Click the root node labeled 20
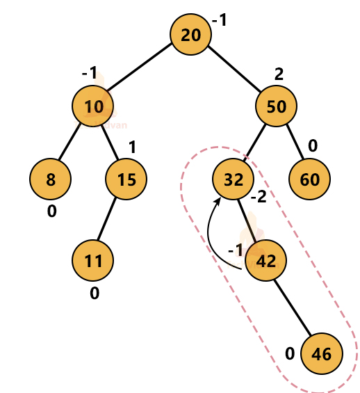click(190, 35)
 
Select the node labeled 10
click(92, 106)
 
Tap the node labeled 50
click(277, 106)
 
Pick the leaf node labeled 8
click(50, 179)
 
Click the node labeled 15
click(126, 179)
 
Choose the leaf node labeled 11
click(92, 261)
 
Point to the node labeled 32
click(234, 179)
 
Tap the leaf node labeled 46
click(321, 353)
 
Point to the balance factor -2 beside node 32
click(259, 198)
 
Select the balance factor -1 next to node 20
click(220, 21)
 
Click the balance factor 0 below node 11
click(95, 293)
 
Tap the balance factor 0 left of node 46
click(290, 353)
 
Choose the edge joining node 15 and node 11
click(109, 220)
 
